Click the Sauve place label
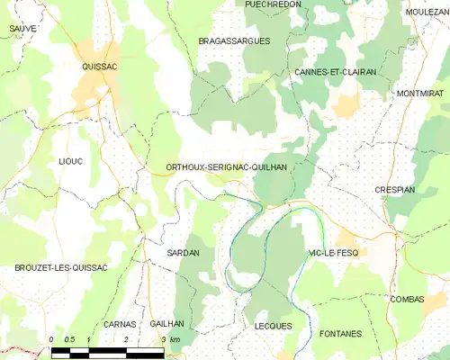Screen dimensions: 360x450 23,29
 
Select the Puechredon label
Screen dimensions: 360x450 274,4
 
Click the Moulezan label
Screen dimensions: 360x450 427,12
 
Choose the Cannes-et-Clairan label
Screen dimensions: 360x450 335,71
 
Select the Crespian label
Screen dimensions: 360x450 394,191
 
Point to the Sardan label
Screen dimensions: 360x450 183,253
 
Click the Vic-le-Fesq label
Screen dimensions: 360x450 332,253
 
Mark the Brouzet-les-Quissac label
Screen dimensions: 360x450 61,268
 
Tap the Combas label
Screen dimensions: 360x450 407,299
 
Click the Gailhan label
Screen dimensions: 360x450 167,323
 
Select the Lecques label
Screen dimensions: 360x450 274,325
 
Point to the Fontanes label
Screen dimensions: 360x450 340,334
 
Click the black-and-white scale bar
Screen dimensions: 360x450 106,349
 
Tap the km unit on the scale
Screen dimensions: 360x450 175,339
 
